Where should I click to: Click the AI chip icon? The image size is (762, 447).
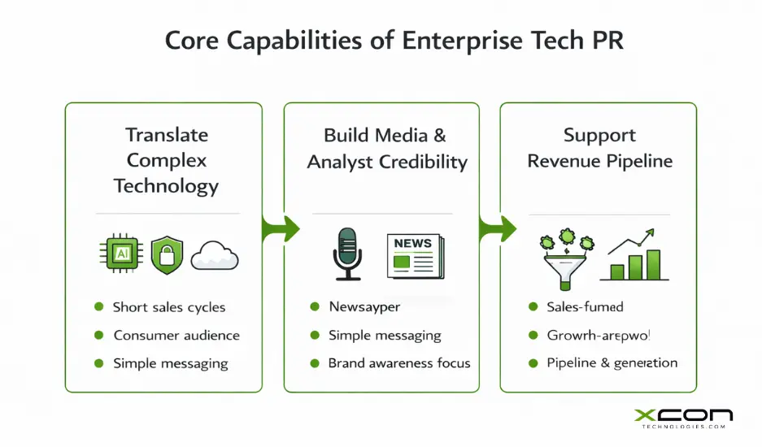pyautogui.click(x=122, y=254)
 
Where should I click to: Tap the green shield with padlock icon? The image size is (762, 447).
pyautogui.click(x=167, y=254)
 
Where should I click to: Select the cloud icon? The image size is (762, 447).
pyautogui.click(x=214, y=258)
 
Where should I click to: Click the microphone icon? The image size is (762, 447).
pyautogui.click(x=347, y=254)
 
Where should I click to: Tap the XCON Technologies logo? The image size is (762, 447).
pyautogui.click(x=683, y=419)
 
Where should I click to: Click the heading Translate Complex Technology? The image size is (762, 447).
pyautogui.click(x=166, y=160)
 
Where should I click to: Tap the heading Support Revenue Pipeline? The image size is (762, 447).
pyautogui.click(x=599, y=148)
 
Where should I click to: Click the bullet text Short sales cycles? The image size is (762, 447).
pyautogui.click(x=169, y=307)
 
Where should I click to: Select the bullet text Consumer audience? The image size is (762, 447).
pyautogui.click(x=176, y=335)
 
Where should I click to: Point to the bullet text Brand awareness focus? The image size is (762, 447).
pyautogui.click(x=398, y=362)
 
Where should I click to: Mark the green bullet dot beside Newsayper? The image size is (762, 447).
pyautogui.click(x=315, y=307)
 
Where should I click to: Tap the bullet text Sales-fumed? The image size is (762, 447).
pyautogui.click(x=585, y=307)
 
